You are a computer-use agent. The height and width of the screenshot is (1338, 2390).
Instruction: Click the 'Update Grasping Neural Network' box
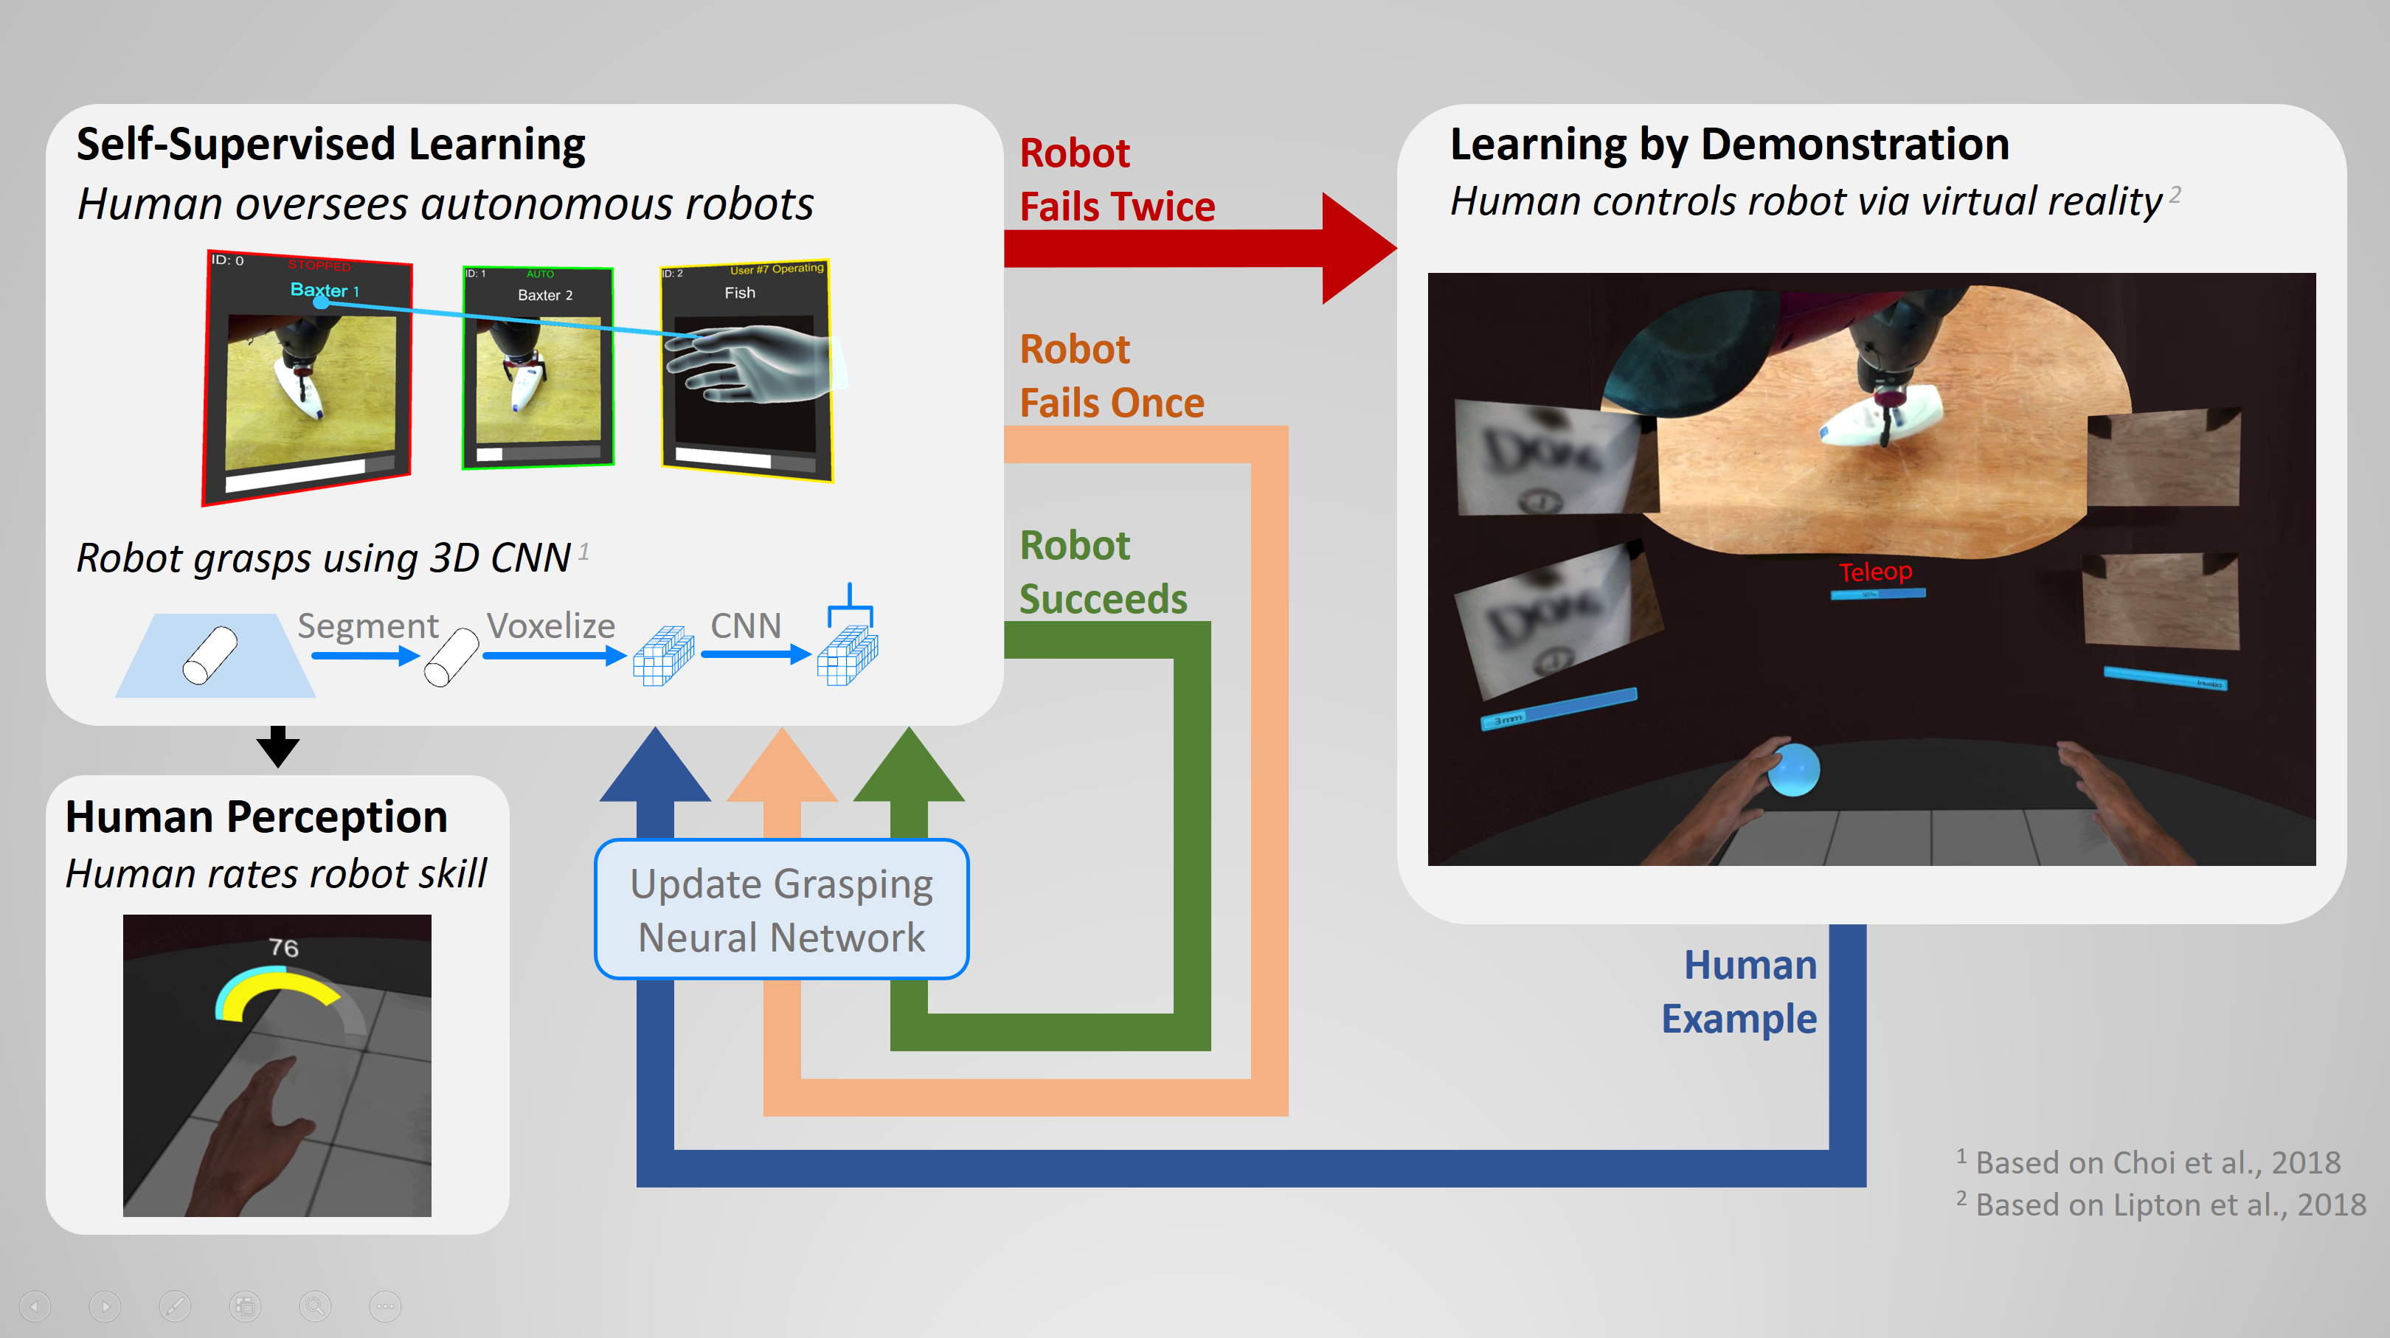(x=781, y=909)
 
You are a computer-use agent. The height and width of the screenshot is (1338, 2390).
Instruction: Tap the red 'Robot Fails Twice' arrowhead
(x=1357, y=248)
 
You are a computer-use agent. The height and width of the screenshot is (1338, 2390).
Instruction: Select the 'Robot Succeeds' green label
(x=1102, y=572)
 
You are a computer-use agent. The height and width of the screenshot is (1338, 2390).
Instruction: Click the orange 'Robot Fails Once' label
(x=1111, y=375)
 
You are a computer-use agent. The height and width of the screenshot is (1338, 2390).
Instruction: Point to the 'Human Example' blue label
(x=1739, y=991)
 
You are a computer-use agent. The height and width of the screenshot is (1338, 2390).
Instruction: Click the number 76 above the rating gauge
(x=284, y=947)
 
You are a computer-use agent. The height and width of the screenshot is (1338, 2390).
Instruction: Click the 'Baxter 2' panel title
(x=544, y=295)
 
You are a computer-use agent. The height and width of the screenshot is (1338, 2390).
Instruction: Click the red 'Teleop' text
(x=1875, y=572)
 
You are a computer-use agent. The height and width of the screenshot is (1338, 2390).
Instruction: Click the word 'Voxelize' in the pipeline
(x=550, y=625)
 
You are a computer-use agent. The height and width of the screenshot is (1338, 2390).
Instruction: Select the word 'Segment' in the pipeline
(x=367, y=626)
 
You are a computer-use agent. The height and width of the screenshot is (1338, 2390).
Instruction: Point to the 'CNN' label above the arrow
(x=745, y=625)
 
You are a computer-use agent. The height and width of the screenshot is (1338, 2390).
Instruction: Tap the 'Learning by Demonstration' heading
(x=1729, y=145)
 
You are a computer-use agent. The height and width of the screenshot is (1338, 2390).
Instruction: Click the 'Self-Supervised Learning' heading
(x=330, y=145)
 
